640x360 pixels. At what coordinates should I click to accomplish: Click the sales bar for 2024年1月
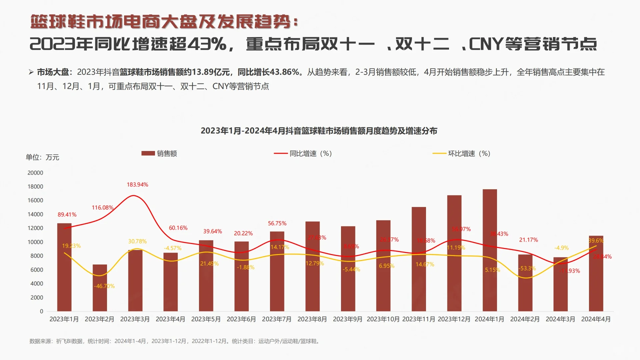coord(490,250)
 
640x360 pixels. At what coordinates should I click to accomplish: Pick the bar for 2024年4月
coord(596,273)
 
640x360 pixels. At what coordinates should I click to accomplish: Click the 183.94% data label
coord(137,185)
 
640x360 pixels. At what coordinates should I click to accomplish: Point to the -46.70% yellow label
coord(104,286)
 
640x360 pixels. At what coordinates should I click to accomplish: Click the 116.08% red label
coord(103,208)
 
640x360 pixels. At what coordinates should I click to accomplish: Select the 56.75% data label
coord(277,223)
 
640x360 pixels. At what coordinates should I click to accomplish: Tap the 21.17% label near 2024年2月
coord(528,240)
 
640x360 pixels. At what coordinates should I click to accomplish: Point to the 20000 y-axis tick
coord(35,173)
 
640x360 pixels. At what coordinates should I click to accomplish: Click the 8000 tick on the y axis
coord(37,256)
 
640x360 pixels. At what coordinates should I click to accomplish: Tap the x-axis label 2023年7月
coord(277,319)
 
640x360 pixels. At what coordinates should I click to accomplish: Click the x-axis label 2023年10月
coord(383,319)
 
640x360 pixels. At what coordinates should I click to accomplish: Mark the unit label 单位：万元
coord(42,157)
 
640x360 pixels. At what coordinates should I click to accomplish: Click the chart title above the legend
coord(319,131)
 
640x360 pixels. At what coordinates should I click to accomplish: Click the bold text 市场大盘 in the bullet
coord(53,72)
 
